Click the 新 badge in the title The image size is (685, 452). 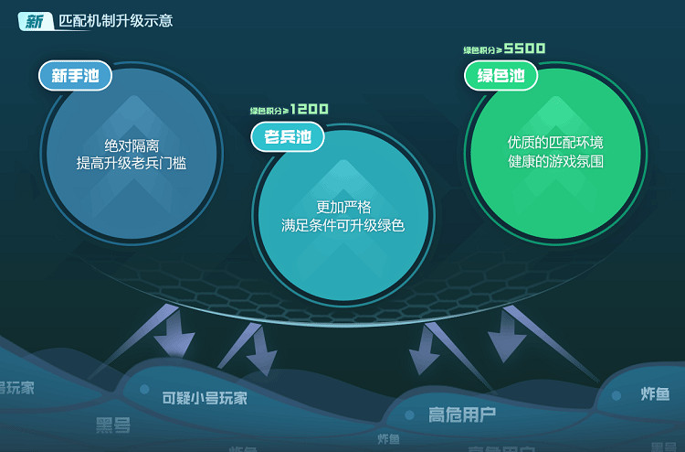pyautogui.click(x=33, y=21)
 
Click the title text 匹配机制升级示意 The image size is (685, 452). pyautogui.click(x=114, y=21)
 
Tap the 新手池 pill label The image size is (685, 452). pyautogui.click(x=75, y=76)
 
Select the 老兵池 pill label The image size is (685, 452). pyautogui.click(x=288, y=137)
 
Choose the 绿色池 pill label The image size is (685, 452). pyautogui.click(x=501, y=76)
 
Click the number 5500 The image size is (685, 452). pyautogui.click(x=524, y=48)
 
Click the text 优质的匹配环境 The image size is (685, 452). pyautogui.click(x=555, y=144)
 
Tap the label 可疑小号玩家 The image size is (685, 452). pyautogui.click(x=205, y=398)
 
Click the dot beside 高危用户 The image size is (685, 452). pyautogui.click(x=410, y=414)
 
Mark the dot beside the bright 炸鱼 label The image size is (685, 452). pyautogui.click(x=616, y=395)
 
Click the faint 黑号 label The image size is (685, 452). pyautogui.click(x=113, y=425)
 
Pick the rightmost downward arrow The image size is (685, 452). pyautogui.click(x=508, y=339)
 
